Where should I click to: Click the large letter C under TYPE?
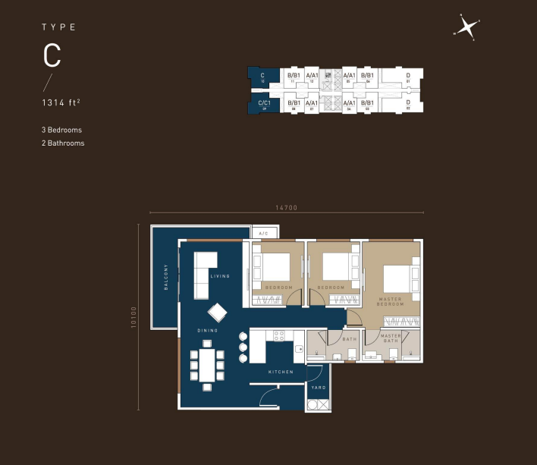pyautogui.click(x=52, y=55)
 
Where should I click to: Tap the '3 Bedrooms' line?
pyautogui.click(x=61, y=130)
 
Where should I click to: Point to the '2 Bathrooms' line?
pyautogui.click(x=62, y=143)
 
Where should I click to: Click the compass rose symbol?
pyautogui.click(x=469, y=28)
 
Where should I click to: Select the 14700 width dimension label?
pyautogui.click(x=285, y=207)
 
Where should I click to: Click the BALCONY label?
pyautogui.click(x=165, y=277)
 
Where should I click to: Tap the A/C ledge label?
pyautogui.click(x=263, y=233)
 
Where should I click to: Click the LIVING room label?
pyautogui.click(x=220, y=276)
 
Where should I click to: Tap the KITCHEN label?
pyautogui.click(x=281, y=372)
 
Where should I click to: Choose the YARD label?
pyautogui.click(x=319, y=388)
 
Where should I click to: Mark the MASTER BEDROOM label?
pyautogui.click(x=391, y=301)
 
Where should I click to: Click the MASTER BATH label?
pyautogui.click(x=391, y=338)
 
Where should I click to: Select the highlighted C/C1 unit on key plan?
pyautogui.click(x=265, y=104)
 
